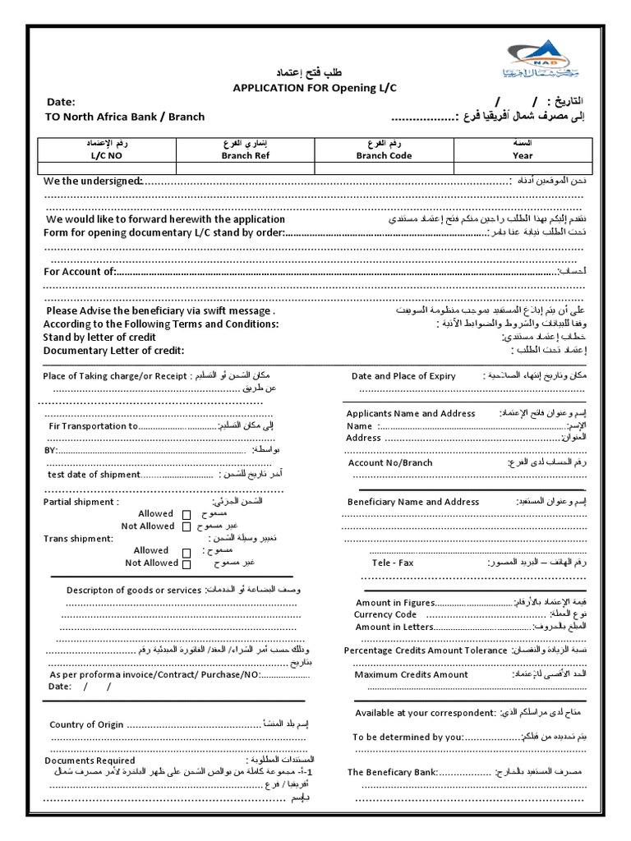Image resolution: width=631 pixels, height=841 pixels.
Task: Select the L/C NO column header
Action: (105, 155)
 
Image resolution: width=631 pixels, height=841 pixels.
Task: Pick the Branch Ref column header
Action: (245, 155)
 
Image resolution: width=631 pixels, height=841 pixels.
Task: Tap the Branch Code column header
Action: (384, 155)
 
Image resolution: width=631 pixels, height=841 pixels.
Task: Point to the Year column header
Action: (523, 155)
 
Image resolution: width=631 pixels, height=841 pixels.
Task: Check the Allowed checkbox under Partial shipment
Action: (187, 515)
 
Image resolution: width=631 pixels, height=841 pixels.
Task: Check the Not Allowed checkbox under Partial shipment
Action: (187, 527)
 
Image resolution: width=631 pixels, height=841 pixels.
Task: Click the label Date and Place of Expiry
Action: (403, 376)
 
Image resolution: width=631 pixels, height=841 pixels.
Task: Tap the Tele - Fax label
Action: (393, 563)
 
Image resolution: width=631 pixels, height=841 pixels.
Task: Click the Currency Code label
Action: (385, 614)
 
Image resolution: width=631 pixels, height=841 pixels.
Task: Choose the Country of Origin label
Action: (86, 724)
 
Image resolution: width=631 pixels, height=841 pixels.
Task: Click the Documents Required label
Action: (90, 761)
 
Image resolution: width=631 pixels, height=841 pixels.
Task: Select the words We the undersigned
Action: (93, 181)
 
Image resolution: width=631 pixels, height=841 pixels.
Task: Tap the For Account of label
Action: (80, 272)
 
